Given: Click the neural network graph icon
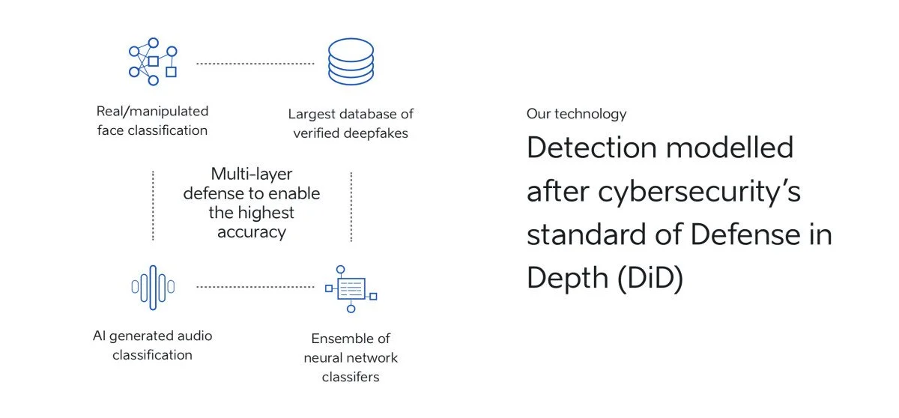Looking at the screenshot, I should coord(153,61).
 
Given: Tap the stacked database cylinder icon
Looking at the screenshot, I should coord(350,62).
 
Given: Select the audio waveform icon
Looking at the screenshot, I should coord(153,286).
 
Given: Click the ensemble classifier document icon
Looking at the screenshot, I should coord(351,288).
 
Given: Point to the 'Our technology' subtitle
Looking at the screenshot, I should coord(576,114).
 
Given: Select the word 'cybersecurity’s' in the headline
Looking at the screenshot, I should coord(699,191).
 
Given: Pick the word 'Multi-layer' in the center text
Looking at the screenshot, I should coord(252,174).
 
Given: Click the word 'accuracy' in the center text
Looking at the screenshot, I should coord(252,232).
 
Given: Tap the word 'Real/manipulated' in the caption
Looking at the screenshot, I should coord(153,111).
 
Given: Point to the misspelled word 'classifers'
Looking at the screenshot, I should coord(351,377).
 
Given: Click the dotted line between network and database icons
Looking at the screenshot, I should coord(255,63).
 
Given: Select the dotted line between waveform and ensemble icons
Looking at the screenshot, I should coord(255,287).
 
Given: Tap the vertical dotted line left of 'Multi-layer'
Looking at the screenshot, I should coord(153,206).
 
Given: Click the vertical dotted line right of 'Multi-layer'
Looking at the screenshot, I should coord(351,206).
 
